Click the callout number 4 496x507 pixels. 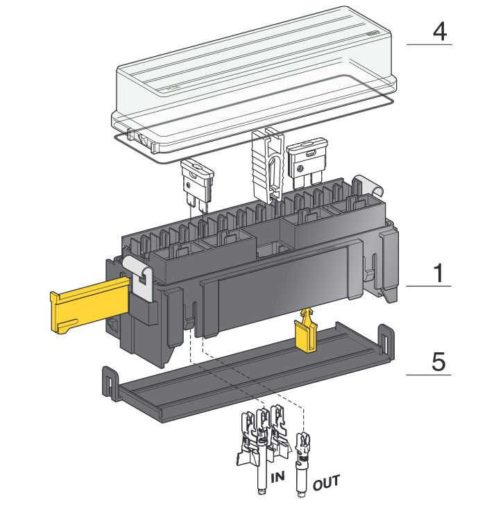click(x=440, y=32)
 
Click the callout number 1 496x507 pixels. click(x=438, y=273)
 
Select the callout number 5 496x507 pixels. click(x=438, y=361)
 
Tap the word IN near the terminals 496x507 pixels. click(x=277, y=477)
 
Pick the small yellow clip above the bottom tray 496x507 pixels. click(x=305, y=329)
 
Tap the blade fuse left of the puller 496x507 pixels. click(x=197, y=187)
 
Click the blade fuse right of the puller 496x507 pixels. click(x=307, y=162)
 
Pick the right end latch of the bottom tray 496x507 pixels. click(x=386, y=342)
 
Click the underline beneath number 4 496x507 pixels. click(x=429, y=44)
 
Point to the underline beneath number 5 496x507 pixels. click(x=429, y=375)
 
